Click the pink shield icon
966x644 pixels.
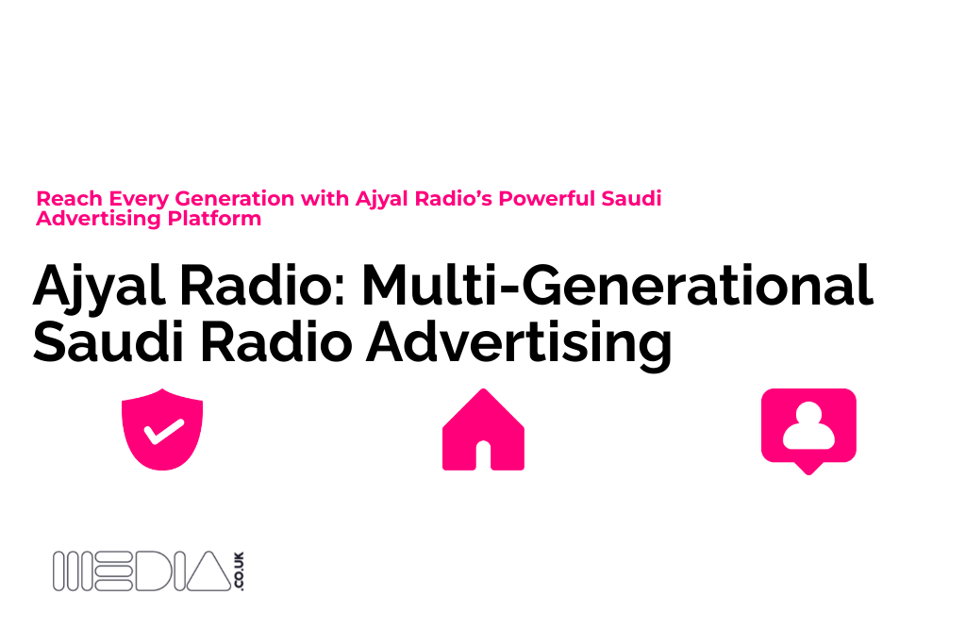pos(162,429)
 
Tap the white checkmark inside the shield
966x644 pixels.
pos(164,431)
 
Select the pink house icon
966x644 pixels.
pos(484,429)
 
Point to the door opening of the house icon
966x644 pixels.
pos(484,455)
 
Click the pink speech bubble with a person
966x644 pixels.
pos(808,431)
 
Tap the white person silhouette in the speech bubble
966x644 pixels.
pos(808,425)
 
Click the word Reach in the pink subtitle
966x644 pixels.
pos(69,198)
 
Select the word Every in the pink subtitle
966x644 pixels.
pos(139,200)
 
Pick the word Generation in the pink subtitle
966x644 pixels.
pos(235,198)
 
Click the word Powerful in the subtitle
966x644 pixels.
pos(546,198)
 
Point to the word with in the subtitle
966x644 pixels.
pos(325,198)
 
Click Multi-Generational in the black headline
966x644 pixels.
pos(617,285)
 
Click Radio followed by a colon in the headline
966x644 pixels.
pos(263,285)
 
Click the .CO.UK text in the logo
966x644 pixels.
pos(239,570)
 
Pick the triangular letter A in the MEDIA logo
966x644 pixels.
pos(208,571)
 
